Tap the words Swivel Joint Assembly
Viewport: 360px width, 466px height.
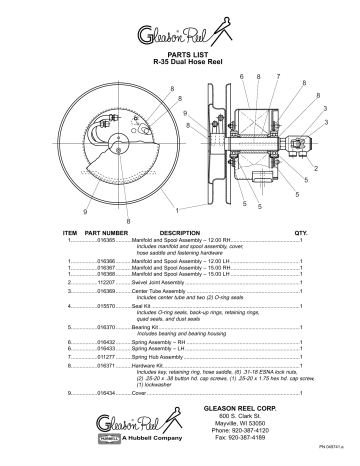point(163,282)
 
